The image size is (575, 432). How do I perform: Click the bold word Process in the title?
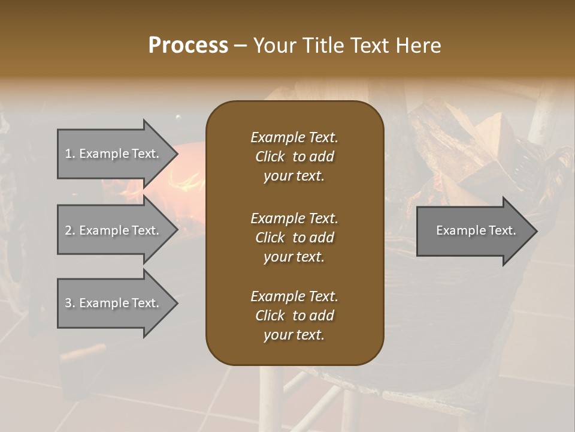[188, 46]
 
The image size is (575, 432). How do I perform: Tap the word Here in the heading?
[418, 46]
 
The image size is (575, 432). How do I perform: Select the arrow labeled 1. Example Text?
[114, 154]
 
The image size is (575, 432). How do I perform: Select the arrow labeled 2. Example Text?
[114, 230]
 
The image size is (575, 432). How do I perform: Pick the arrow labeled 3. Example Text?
[114, 303]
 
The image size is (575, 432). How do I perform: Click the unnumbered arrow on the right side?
[473, 231]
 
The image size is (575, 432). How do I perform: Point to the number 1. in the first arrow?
[70, 154]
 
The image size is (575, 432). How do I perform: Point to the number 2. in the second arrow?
[70, 230]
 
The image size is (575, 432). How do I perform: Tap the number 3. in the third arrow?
[70, 303]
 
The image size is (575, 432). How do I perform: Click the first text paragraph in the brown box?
[294, 157]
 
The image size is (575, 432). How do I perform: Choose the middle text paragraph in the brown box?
[294, 238]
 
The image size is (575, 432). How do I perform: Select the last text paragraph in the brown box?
[294, 316]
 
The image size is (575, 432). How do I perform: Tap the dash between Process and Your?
[240, 46]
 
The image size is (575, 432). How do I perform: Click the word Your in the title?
[275, 46]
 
